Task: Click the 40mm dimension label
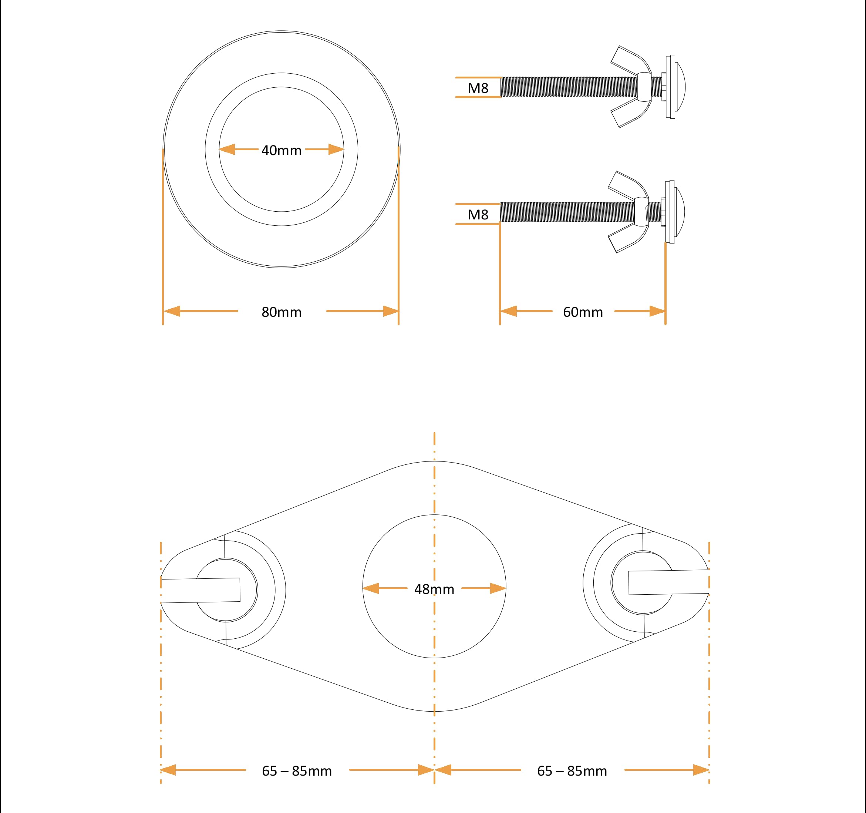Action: pyautogui.click(x=282, y=150)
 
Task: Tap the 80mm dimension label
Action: pyautogui.click(x=282, y=312)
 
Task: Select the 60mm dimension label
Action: pyautogui.click(x=583, y=312)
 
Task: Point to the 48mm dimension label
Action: pyautogui.click(x=434, y=589)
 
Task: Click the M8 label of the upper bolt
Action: pyautogui.click(x=478, y=88)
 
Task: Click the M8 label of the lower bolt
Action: pyautogui.click(x=478, y=214)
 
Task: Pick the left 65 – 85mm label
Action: pyautogui.click(x=297, y=771)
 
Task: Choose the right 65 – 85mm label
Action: pyautogui.click(x=572, y=771)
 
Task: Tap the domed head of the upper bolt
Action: pyautogui.click(x=680, y=87)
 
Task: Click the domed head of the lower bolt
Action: pyautogui.click(x=680, y=212)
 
